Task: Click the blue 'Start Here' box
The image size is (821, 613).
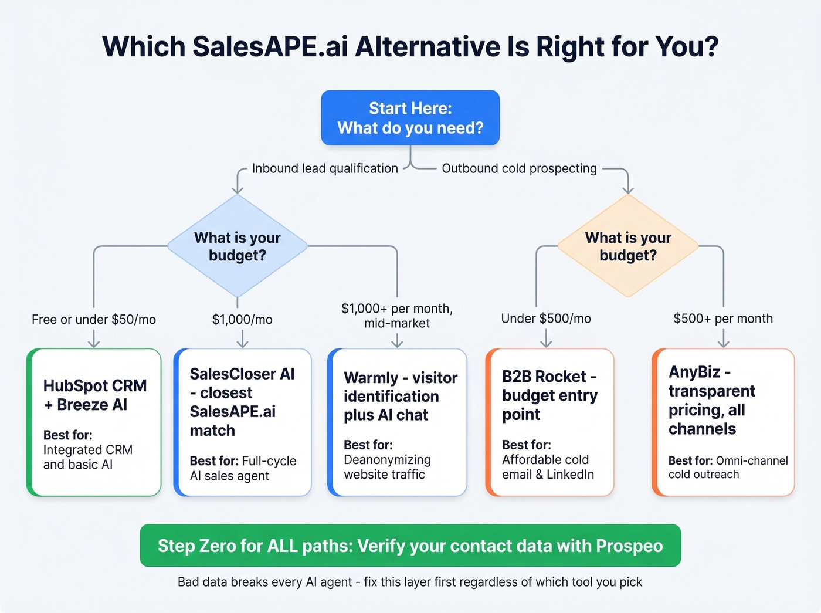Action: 410,118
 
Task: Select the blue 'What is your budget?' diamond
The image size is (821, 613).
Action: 238,246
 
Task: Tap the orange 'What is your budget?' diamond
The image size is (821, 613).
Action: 628,246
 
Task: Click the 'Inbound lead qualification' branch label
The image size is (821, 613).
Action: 325,168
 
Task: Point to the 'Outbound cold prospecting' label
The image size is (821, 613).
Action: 519,168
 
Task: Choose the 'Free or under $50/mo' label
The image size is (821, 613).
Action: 94,319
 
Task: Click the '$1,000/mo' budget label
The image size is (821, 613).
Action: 242,319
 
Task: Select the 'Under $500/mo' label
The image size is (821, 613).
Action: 546,319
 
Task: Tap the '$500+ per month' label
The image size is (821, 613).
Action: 723,319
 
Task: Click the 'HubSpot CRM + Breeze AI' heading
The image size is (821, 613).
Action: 95,395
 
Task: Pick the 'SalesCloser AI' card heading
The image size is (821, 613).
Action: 242,402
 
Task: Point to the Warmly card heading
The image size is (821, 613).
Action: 401,396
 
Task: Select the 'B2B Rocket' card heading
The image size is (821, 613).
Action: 549,395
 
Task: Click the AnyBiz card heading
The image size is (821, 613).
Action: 711,400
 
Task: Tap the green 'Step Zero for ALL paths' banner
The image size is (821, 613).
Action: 410,546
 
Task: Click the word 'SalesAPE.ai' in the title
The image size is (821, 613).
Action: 270,47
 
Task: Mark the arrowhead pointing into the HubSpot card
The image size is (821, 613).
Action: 94,344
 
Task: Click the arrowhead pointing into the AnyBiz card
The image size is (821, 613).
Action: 724,344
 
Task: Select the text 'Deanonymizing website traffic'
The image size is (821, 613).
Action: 387,467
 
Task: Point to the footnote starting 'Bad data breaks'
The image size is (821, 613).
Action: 410,582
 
